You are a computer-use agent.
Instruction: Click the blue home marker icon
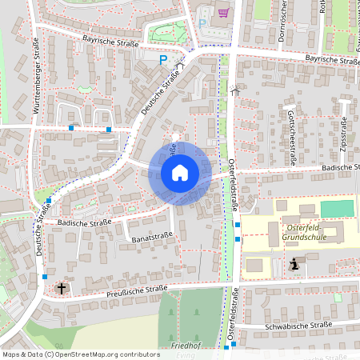tap(179, 172)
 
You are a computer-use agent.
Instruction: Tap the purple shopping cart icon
tap(222, 13)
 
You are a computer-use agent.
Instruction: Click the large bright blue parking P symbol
tap(163, 59)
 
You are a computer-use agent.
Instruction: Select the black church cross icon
tap(62, 287)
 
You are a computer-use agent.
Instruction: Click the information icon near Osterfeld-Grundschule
tap(294, 264)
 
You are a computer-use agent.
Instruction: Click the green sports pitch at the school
tap(336, 208)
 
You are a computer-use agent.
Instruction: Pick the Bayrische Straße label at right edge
tap(332, 59)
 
